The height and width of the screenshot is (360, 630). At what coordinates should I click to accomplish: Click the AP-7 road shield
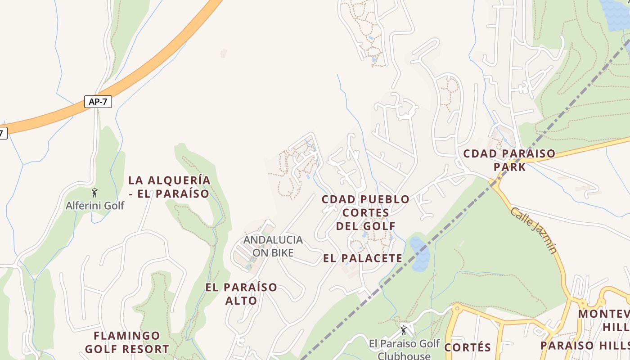click(98, 102)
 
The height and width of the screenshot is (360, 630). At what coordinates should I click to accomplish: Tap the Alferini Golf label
click(95, 206)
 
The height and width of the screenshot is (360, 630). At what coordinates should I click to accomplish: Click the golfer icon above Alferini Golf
click(94, 193)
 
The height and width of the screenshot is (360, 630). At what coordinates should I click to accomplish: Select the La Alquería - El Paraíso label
click(169, 187)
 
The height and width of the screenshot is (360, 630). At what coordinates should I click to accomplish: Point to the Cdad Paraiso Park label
click(509, 160)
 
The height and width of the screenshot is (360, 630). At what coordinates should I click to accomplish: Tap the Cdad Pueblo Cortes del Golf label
click(365, 212)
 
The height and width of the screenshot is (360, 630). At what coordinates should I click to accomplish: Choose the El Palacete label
click(363, 258)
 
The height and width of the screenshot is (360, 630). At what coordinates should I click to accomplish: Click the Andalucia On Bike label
click(273, 246)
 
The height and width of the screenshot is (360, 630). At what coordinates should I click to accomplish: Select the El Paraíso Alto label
click(241, 294)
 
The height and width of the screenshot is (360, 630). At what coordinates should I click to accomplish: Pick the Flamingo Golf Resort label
click(127, 342)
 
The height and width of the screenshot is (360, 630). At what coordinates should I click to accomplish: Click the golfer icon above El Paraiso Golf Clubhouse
click(404, 330)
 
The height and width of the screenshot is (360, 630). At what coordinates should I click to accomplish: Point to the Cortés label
click(468, 347)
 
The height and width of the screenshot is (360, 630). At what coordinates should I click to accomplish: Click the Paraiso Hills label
click(585, 345)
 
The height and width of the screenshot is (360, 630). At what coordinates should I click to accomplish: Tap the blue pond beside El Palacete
click(419, 254)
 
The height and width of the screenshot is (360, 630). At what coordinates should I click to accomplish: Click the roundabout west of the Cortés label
click(457, 308)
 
